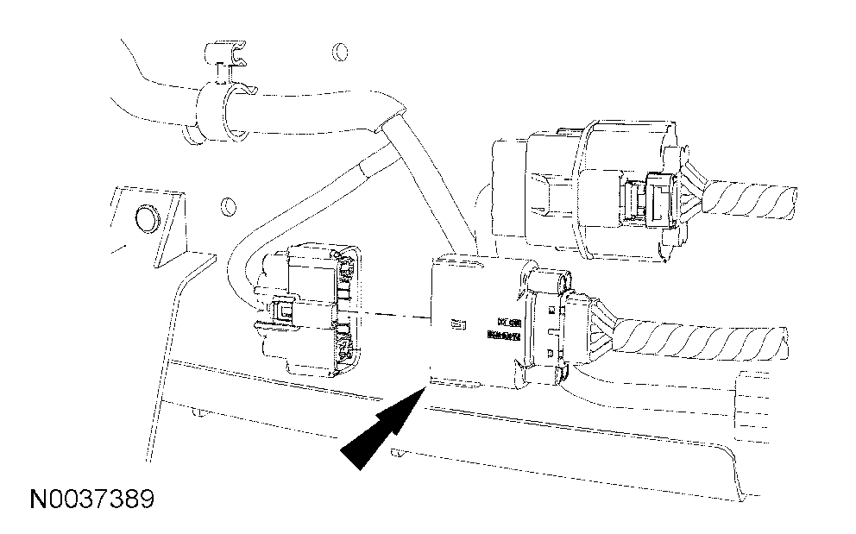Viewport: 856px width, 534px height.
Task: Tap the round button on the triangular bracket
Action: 144,217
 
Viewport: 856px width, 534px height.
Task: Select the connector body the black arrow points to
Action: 466,319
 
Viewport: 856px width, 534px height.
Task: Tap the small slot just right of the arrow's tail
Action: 398,452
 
